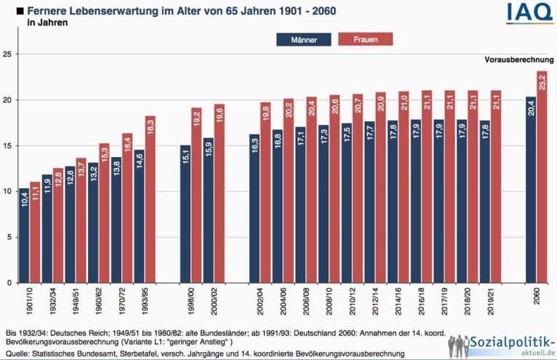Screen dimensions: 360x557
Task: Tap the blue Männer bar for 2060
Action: (531, 189)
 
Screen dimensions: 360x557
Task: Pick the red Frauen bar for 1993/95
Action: (150, 199)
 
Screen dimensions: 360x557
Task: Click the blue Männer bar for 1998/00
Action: (185, 214)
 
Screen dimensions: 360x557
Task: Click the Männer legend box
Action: (304, 40)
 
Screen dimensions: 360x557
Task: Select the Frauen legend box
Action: (365, 40)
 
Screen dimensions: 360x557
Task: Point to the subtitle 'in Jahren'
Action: (47, 23)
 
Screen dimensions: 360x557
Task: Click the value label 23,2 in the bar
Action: (542, 82)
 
